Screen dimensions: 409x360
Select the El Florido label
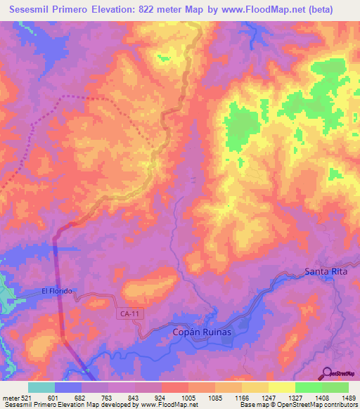pyautogui.click(x=57, y=291)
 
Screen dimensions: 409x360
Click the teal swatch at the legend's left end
pyautogui.click(x=41, y=387)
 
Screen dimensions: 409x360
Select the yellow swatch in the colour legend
pyautogui.click(x=281, y=387)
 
